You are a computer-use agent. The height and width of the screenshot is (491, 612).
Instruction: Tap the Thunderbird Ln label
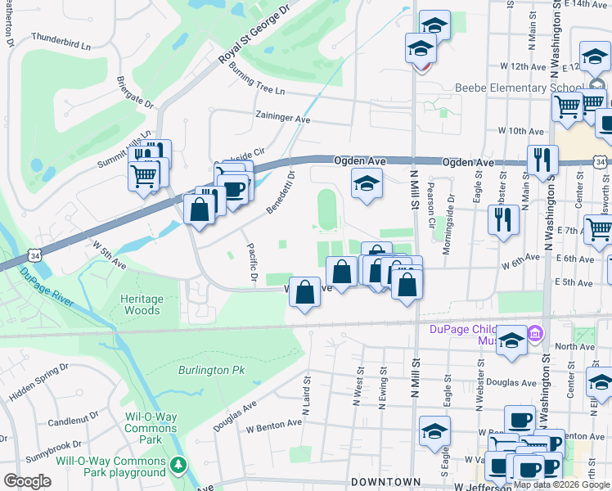pyautogui.click(x=61, y=41)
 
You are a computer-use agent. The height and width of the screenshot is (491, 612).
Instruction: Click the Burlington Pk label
pyautogui.click(x=212, y=370)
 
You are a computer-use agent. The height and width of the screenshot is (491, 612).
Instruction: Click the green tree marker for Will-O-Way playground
pyautogui.click(x=179, y=466)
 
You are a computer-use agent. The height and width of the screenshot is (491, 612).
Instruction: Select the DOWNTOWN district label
pyautogui.click(x=385, y=483)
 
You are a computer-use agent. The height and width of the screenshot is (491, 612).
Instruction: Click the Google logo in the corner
pyautogui.click(x=27, y=481)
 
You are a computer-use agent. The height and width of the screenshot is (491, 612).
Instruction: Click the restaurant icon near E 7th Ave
pyautogui.click(x=503, y=218)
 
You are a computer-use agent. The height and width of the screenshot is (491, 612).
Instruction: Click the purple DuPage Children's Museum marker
pyautogui.click(x=535, y=333)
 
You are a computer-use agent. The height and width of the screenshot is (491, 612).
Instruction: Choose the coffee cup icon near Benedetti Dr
pyautogui.click(x=235, y=189)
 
